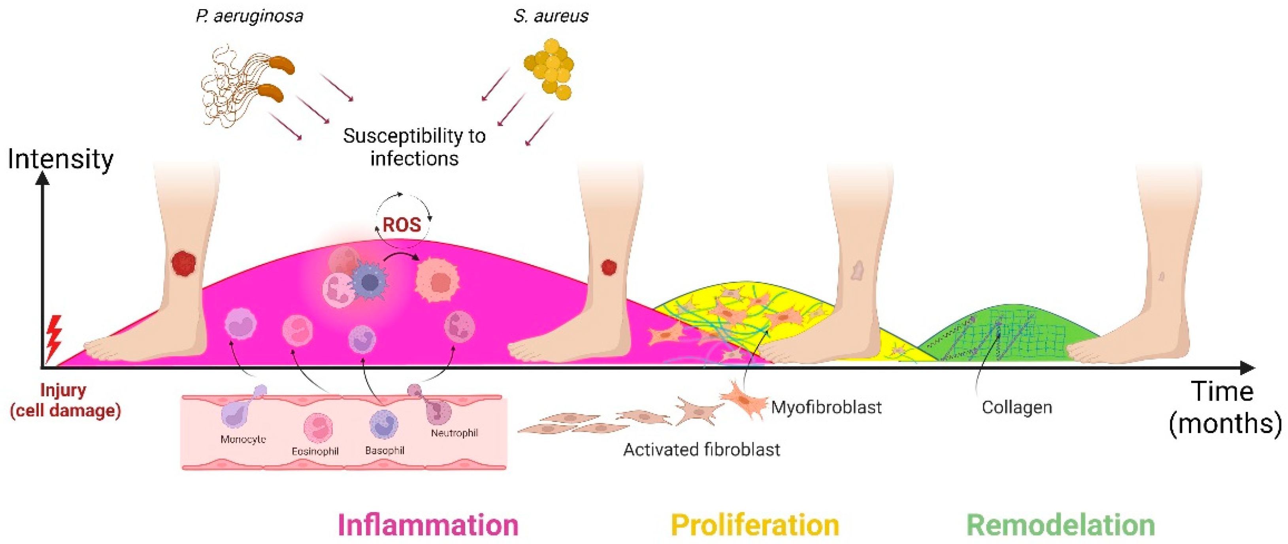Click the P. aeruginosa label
coord(249,17)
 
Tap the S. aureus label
coord(551,17)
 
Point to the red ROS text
coord(402,225)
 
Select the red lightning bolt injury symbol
coord(53,337)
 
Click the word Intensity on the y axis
coord(60,160)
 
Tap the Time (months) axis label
coord(1224,407)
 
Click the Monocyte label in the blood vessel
coord(243,439)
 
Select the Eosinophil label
coord(315,452)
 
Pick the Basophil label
coord(385,450)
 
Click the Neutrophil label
coord(454,433)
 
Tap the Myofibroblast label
coord(826,407)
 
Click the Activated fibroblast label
coord(701,450)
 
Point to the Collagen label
coord(1016,407)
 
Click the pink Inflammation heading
coord(428,525)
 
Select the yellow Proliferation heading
coord(754,525)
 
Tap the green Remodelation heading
coord(1060,525)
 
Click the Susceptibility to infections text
coord(414,147)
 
